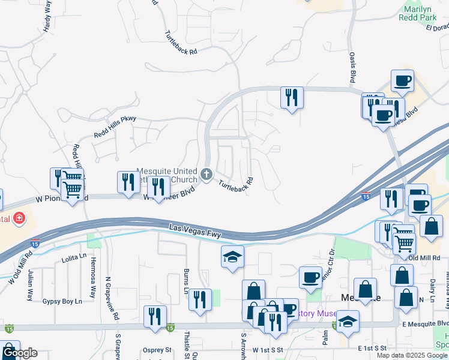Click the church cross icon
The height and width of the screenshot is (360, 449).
[x=206, y=175]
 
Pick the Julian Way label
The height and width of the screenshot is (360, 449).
[x=29, y=286]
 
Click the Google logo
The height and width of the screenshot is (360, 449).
[x=19, y=353]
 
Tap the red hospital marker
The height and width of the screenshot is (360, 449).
[x=20, y=218]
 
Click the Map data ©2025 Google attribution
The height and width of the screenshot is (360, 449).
[x=412, y=355]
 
